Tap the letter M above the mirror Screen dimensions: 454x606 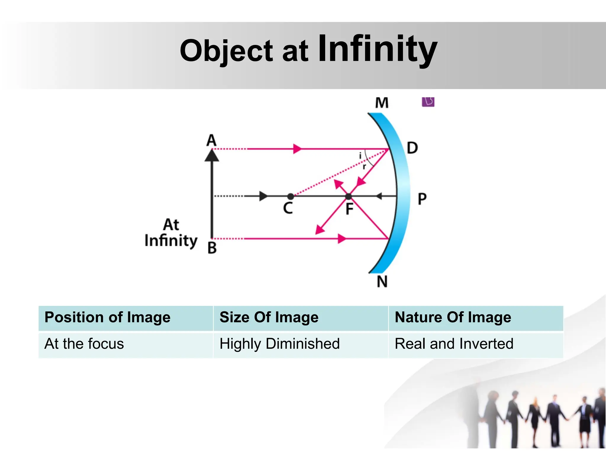[382, 103]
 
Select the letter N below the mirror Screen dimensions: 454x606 [382, 281]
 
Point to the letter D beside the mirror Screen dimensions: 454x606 [412, 148]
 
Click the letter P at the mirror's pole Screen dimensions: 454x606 [422, 199]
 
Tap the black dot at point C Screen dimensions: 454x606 [291, 196]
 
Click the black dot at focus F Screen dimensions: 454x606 [349, 196]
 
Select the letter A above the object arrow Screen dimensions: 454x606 [211, 140]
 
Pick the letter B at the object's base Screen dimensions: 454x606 [212, 248]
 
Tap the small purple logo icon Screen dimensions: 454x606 [428, 102]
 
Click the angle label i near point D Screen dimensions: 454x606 [360, 155]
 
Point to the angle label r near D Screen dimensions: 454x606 [364, 166]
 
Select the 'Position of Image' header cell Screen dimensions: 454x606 [126, 318]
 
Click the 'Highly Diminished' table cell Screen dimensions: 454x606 [300, 344]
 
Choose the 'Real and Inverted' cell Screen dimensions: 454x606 [476, 344]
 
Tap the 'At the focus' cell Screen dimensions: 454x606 [126, 344]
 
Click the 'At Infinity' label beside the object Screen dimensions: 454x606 [171, 233]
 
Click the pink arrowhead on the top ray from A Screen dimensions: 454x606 [297, 149]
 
